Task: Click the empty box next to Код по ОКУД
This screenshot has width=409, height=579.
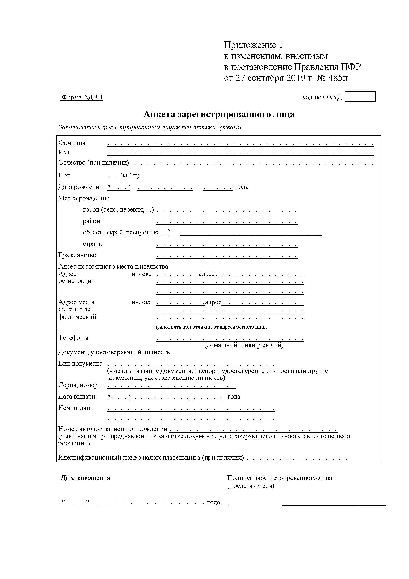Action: point(360,96)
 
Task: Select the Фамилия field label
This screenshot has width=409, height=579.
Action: point(72,143)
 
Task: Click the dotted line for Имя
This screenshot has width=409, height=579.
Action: point(241,153)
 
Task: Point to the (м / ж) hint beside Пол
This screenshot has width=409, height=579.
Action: point(130,175)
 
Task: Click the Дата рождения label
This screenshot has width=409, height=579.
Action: point(80,187)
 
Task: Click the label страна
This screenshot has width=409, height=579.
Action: point(92,244)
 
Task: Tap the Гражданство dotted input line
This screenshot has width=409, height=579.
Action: point(227,257)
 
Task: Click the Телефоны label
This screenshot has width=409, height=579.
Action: point(73,338)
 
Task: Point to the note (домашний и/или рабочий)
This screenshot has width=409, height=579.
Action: point(244,345)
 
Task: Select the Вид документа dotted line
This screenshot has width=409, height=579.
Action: point(191,365)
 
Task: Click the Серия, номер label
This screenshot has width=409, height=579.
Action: point(78,385)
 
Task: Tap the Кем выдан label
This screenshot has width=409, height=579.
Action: point(74,408)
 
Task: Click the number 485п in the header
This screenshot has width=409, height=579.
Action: point(338,78)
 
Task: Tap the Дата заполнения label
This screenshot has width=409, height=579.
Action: point(85,478)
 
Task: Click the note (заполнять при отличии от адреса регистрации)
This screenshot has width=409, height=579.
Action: point(211,327)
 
